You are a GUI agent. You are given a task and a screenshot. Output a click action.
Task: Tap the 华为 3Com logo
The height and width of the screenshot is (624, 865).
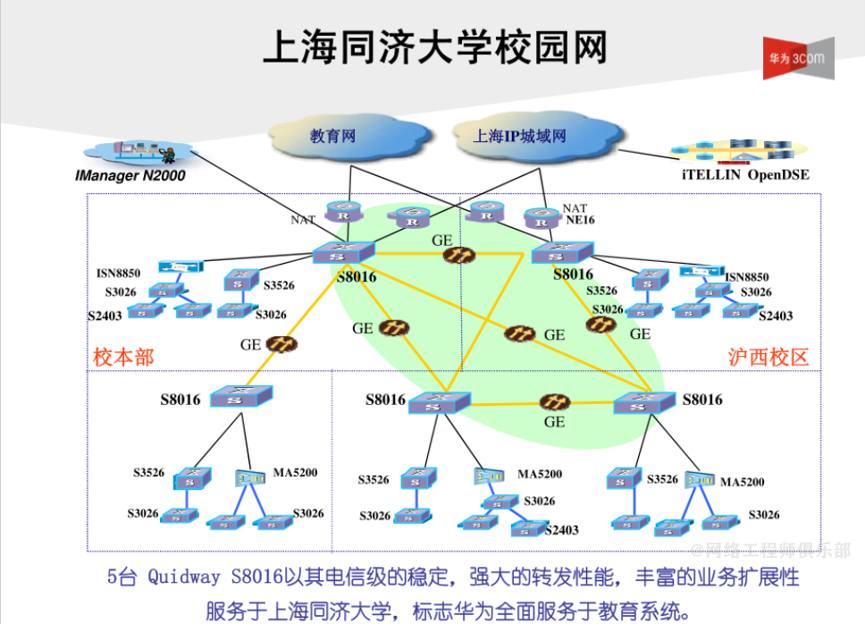(797, 58)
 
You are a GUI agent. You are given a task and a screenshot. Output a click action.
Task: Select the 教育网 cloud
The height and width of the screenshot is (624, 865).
(333, 136)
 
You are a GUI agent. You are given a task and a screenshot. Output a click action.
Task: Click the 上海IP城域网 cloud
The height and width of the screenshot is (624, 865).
(521, 136)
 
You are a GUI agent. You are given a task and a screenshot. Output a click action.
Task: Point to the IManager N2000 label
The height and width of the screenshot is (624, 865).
(130, 176)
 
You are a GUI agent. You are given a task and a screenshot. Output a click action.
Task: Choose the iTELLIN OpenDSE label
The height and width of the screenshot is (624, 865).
(739, 175)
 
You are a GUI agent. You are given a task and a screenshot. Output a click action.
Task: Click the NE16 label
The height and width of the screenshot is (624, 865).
(579, 220)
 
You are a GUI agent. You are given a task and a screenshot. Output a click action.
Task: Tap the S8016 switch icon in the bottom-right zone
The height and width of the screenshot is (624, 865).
(643, 402)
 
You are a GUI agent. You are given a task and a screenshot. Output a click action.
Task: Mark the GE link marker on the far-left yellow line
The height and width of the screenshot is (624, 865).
(282, 342)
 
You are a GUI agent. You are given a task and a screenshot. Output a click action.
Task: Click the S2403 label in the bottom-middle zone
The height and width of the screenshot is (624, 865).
(562, 530)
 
